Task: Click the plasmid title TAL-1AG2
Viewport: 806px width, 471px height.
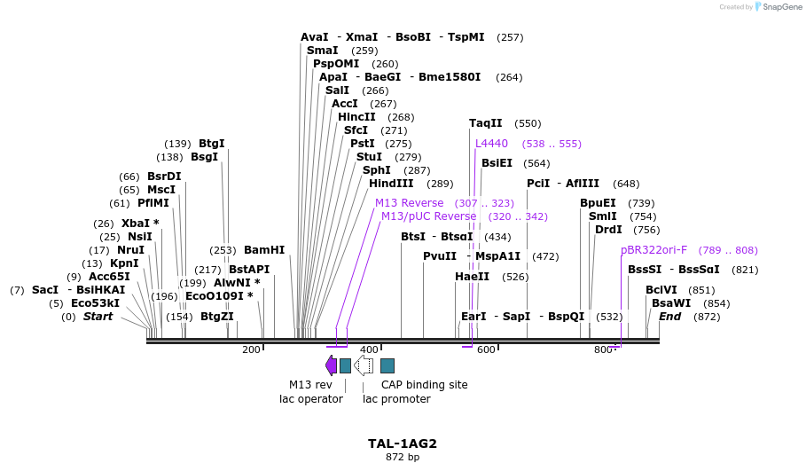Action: (x=402, y=444)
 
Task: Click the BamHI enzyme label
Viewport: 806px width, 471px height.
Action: (x=264, y=250)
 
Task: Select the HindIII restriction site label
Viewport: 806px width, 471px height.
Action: (x=391, y=184)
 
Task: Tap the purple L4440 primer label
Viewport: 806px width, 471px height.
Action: (x=491, y=144)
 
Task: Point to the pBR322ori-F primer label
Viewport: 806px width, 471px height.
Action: (x=653, y=250)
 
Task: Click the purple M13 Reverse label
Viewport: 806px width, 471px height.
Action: (x=409, y=203)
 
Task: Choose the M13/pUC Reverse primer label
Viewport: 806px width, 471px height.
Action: (x=428, y=216)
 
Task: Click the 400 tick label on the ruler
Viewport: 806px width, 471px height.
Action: (x=369, y=349)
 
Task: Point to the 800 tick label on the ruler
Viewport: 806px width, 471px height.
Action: (x=604, y=349)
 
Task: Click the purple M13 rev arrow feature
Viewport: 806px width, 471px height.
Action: (x=331, y=365)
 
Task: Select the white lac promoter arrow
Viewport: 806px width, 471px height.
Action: (x=364, y=365)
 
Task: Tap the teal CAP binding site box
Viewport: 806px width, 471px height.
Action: (x=387, y=365)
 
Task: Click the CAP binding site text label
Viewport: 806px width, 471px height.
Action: (x=424, y=385)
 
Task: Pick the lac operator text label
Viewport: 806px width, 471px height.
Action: (x=310, y=399)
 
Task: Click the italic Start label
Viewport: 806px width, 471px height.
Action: (x=98, y=317)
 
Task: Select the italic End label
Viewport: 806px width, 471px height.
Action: (x=670, y=317)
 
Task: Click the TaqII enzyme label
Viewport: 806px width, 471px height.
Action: (x=486, y=123)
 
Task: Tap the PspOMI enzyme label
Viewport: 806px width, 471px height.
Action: (x=336, y=64)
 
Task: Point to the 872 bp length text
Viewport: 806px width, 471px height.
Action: (x=403, y=458)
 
